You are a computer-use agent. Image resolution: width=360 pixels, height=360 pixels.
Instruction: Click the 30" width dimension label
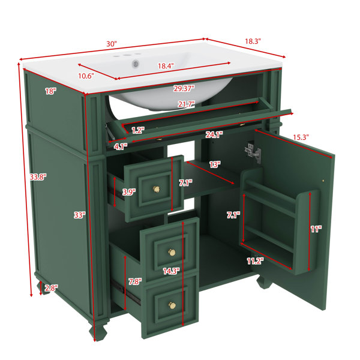coord(112,44)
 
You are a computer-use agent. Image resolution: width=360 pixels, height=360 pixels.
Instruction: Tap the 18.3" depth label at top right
coord(253,41)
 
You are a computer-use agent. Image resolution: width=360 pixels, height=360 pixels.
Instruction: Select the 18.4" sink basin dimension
coord(166,66)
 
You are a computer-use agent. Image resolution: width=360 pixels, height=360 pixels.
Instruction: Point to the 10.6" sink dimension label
coord(86,76)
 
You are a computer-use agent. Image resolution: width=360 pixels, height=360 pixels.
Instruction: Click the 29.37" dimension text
coord(184,88)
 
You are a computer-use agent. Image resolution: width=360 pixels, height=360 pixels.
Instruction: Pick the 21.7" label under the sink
coord(187,104)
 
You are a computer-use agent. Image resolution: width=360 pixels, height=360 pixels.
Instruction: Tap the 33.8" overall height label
coord(38,177)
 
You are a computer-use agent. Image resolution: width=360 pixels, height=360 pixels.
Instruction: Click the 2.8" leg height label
coord(51,288)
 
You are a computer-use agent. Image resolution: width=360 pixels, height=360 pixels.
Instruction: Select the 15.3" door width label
coord(301,137)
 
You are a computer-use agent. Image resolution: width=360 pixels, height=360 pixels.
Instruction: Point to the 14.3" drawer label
coord(171,271)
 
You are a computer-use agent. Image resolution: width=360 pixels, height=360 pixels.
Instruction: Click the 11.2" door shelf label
coord(255,261)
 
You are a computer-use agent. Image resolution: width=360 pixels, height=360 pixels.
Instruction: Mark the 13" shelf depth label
coord(215,164)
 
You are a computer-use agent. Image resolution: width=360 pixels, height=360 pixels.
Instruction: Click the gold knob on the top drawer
coord(157,189)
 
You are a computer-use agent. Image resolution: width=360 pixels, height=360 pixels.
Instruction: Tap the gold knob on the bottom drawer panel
coord(172,305)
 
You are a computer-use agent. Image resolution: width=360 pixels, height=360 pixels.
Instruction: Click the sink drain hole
coord(136,63)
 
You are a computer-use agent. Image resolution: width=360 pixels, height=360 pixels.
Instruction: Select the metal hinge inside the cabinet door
coord(254,152)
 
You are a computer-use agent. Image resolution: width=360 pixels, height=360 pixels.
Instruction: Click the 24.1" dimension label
coord(214,135)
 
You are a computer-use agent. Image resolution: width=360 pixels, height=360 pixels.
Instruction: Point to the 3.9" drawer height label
coord(129,192)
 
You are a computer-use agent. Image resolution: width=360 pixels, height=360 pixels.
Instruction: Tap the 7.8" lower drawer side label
coord(135,281)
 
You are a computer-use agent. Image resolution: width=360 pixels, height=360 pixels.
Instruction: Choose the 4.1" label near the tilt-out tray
coord(121,147)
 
